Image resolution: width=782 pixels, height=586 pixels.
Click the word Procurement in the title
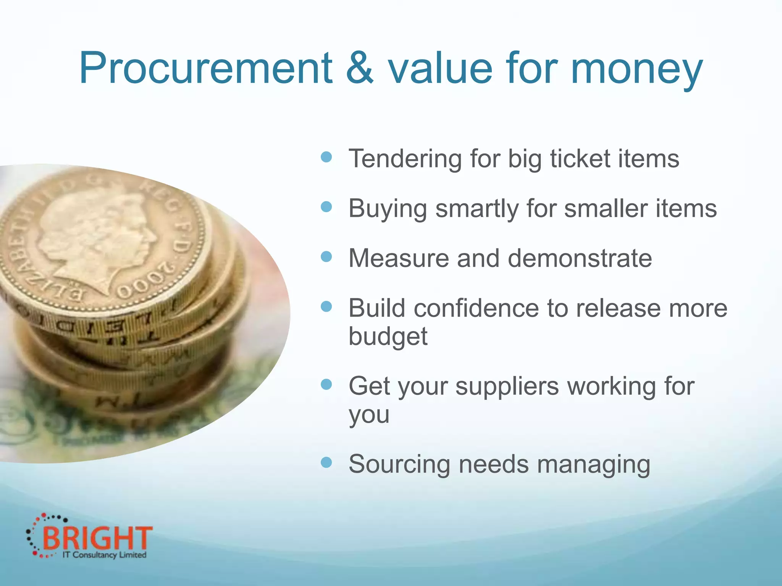(205, 69)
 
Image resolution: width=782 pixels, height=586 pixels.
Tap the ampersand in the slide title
(359, 69)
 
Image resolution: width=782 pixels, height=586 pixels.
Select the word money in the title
(637, 71)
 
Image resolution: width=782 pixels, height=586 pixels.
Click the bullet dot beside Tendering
(326, 157)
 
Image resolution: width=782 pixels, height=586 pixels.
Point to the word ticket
(580, 158)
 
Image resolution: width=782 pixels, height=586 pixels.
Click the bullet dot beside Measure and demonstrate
(326, 256)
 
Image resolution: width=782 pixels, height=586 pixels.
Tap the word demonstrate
(580, 258)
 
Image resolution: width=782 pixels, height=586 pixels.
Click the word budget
(388, 336)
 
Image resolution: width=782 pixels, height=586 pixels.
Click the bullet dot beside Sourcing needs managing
(326, 463)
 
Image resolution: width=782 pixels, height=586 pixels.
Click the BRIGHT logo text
(97, 538)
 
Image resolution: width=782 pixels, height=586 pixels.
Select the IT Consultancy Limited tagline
(104, 555)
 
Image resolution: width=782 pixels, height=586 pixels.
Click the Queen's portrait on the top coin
(103, 237)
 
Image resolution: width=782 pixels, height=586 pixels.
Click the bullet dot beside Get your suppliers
(326, 385)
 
